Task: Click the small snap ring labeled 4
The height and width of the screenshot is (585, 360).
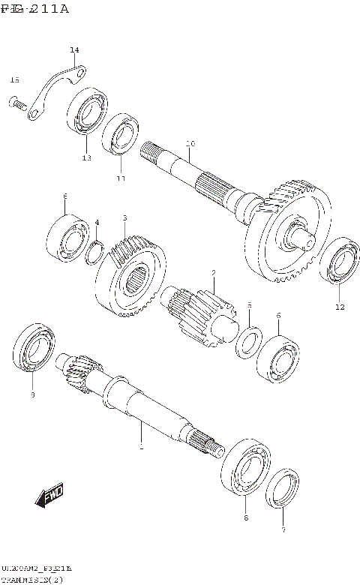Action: pos(94,251)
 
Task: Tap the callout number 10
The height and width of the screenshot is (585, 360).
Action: pos(190,143)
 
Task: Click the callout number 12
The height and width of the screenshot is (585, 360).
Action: pos(340,307)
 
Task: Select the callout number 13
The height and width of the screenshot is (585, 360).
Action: pos(87,158)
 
